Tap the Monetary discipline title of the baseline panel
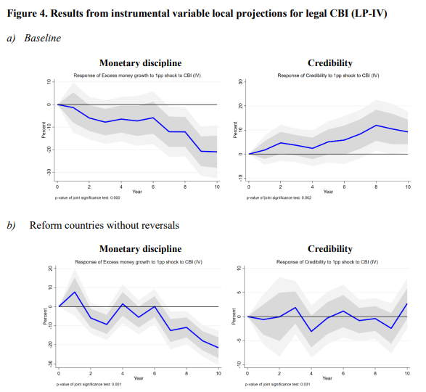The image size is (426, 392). click(140, 63)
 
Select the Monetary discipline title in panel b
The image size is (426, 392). click(140, 249)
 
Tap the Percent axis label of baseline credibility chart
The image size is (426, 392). click(234, 128)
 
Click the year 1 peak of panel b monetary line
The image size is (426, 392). click(74, 292)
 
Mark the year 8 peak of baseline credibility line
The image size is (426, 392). click(376, 125)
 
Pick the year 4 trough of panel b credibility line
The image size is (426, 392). click(312, 332)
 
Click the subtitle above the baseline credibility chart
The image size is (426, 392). click(328, 75)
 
